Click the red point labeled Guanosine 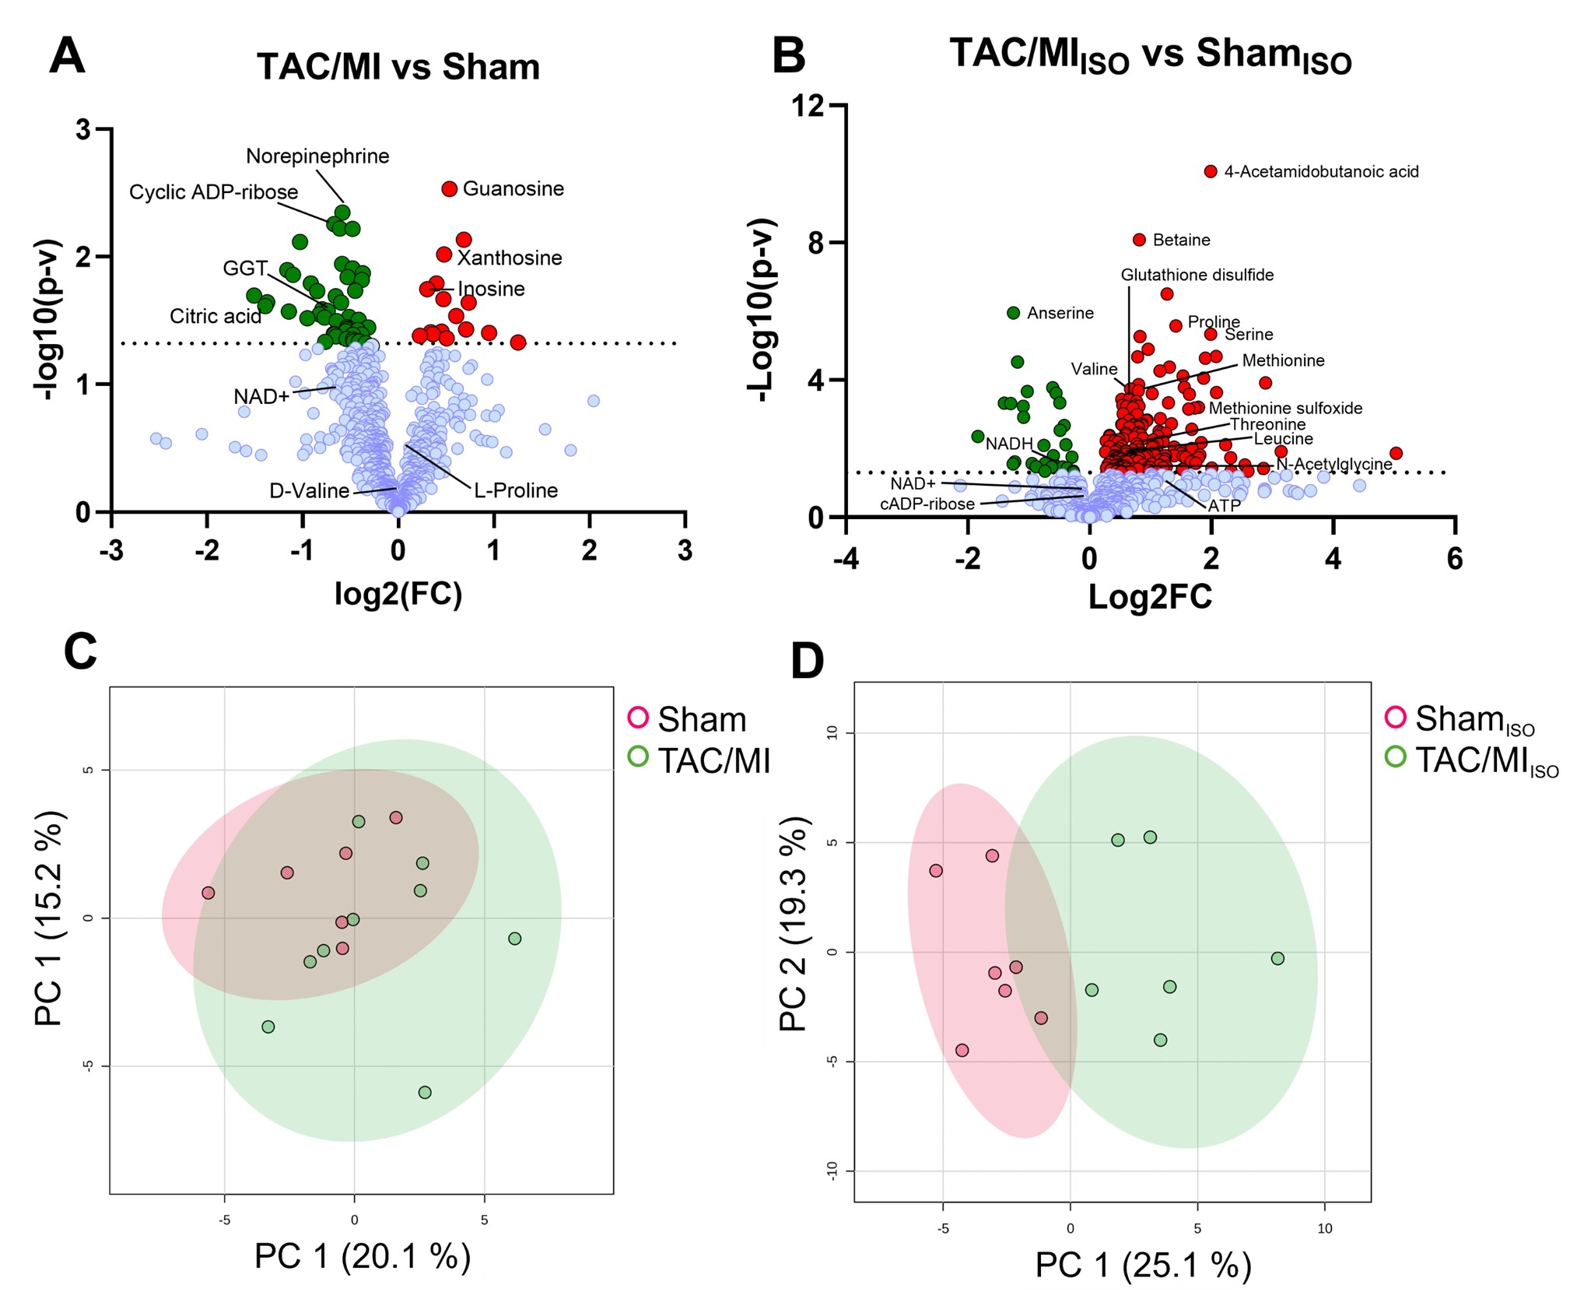(x=449, y=189)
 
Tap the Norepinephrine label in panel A (x=317, y=156)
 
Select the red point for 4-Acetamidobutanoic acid (x=1210, y=171)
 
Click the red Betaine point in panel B (x=1139, y=240)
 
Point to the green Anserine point (x=1013, y=313)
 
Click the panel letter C (x=80, y=651)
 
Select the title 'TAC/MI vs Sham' (x=398, y=67)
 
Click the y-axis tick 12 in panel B (x=808, y=106)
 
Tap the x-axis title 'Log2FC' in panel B (x=1150, y=597)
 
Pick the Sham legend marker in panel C (x=638, y=717)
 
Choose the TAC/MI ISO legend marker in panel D (x=1396, y=757)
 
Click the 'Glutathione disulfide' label (x=1197, y=275)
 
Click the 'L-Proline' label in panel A (x=516, y=490)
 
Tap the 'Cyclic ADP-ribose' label (x=213, y=192)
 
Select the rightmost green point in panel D (x=1277, y=958)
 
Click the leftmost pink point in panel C (x=208, y=893)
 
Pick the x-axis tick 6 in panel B (x=1454, y=559)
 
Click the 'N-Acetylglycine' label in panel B (x=1333, y=464)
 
